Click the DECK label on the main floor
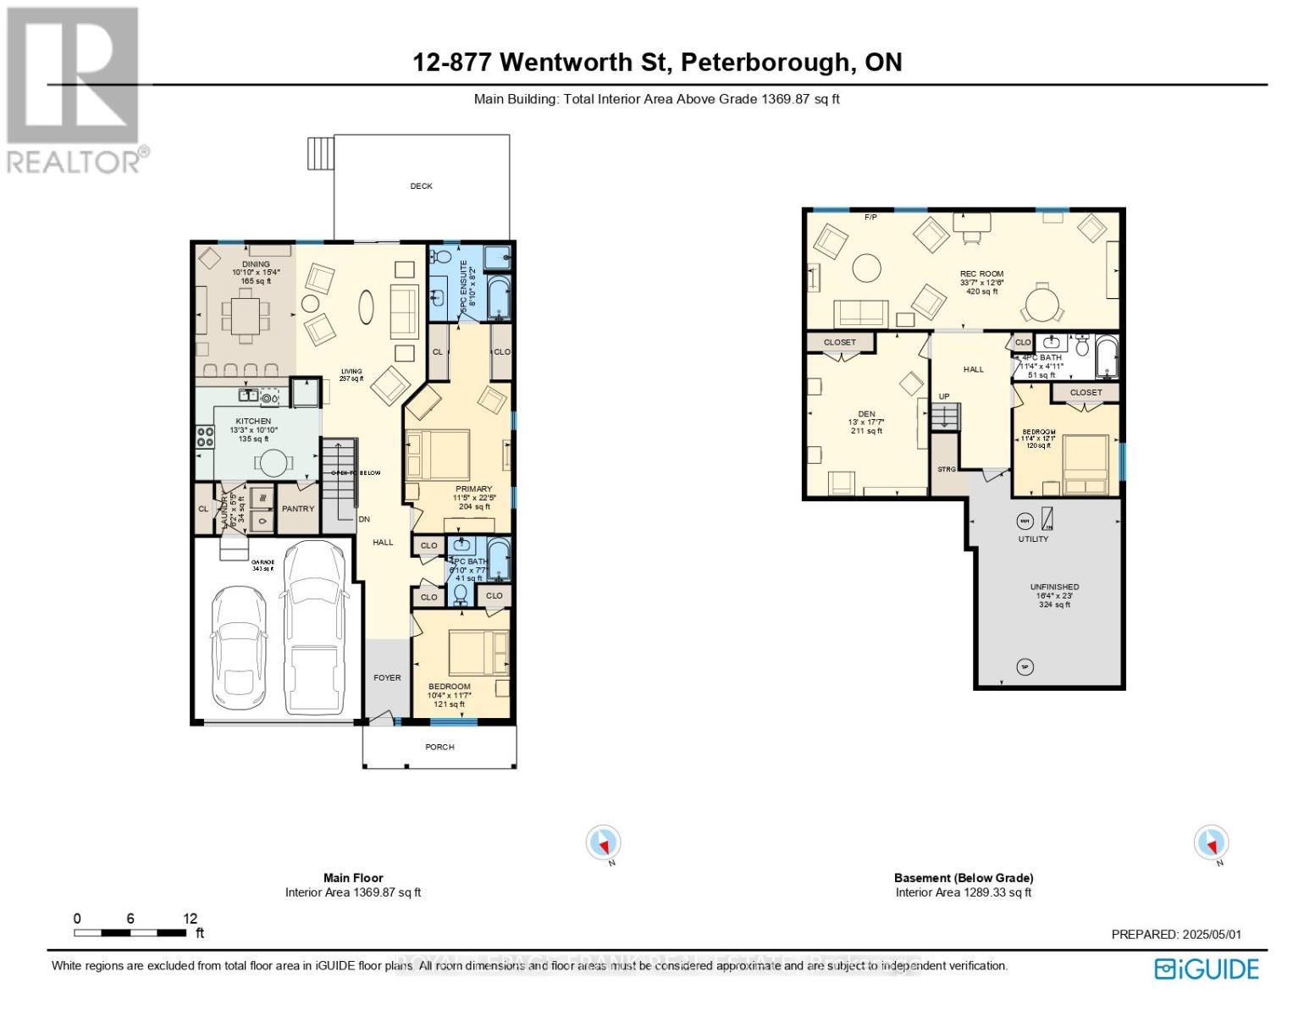pos(421,186)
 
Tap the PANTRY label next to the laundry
pos(298,509)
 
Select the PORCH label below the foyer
pos(439,747)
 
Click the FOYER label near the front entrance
pos(388,677)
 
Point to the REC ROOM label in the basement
pos(981,274)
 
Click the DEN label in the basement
pos(866,414)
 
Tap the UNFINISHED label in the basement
pos(1054,587)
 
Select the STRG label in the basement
pos(946,469)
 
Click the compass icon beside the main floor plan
pos(604,843)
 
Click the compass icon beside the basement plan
pos(1211,843)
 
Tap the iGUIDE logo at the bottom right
pos(1207,969)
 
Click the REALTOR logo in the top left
pos(74,89)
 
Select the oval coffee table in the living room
pos(366,306)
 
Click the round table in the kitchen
pos(273,462)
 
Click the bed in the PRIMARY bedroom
pos(438,455)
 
